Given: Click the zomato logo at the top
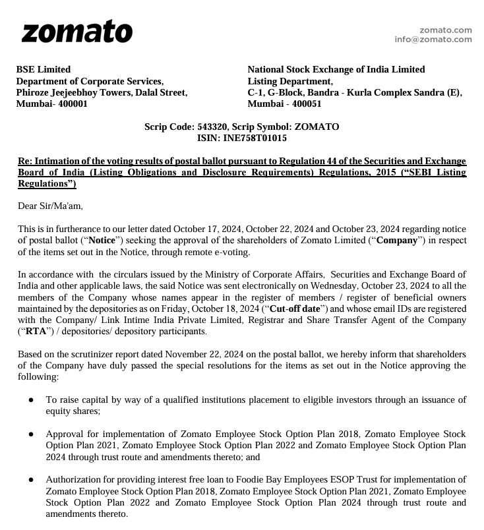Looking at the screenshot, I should (77, 32).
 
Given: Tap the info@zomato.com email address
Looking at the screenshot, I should (433, 40).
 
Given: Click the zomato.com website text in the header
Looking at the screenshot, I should (446, 30).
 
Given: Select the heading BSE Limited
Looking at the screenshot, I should (43, 69).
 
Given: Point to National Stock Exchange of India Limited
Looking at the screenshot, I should (336, 69).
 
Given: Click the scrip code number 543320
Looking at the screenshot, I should (212, 127).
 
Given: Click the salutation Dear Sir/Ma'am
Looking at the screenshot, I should (50, 206).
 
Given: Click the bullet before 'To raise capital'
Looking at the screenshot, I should (31, 400).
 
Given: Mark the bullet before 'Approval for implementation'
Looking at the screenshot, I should (31, 434).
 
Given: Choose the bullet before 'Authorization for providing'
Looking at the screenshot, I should (31, 480).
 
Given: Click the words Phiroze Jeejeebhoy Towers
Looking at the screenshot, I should (73, 93).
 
